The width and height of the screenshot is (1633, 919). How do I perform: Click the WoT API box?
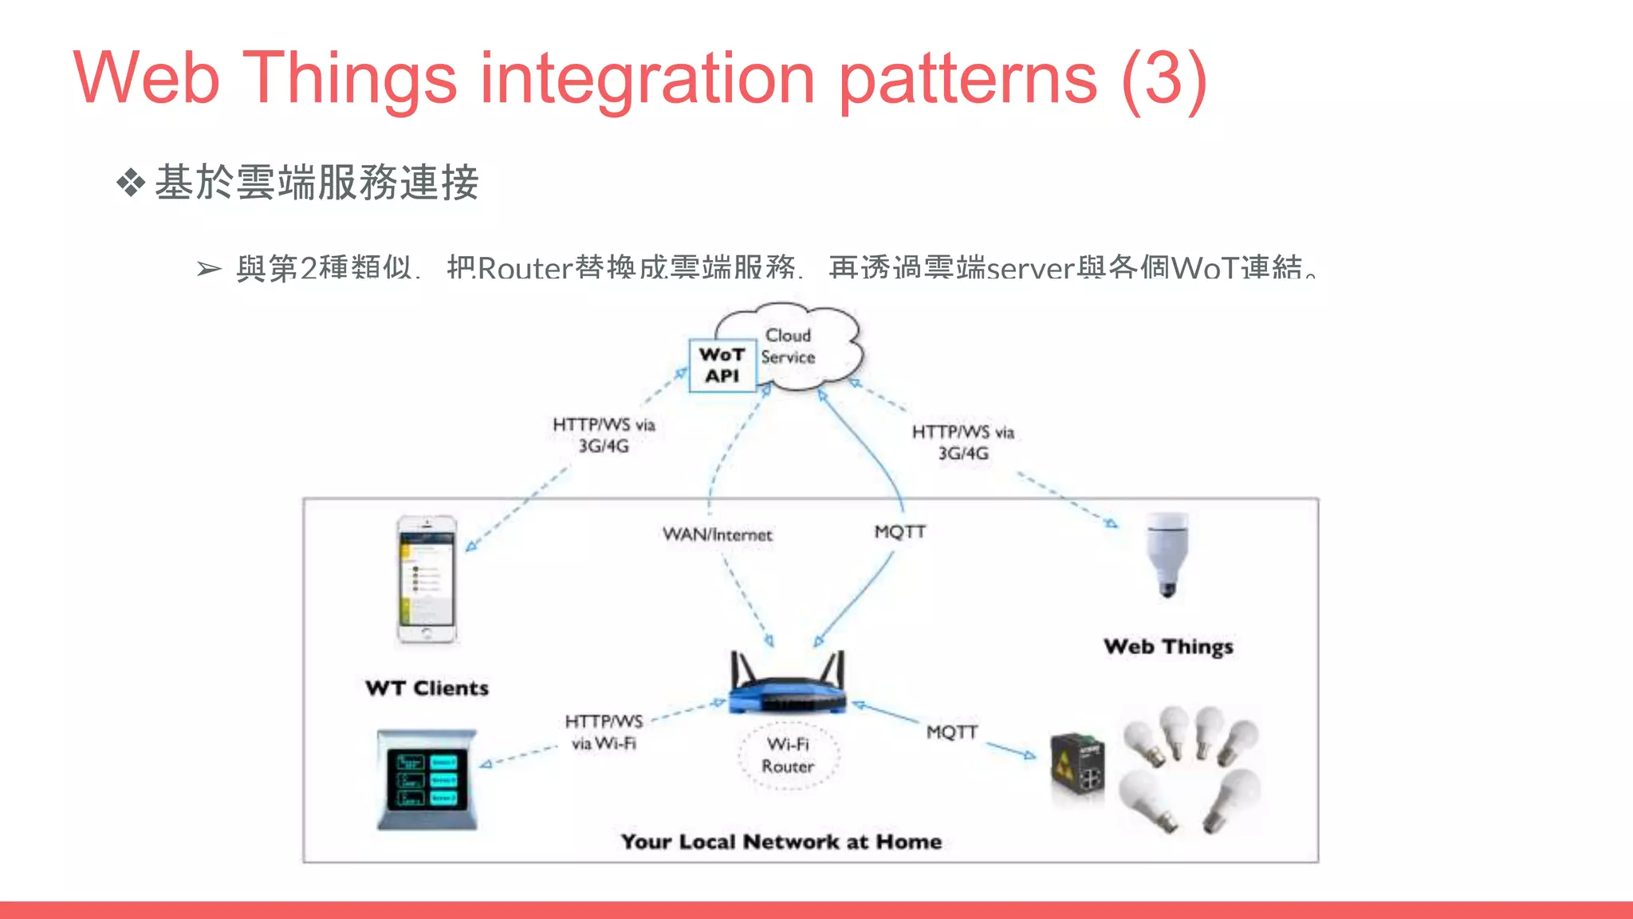pos(722,365)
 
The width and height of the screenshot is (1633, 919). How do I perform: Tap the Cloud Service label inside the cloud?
pos(789,346)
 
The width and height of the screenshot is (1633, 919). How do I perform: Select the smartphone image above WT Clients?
pos(427,579)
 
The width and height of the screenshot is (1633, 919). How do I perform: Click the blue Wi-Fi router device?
pos(788,684)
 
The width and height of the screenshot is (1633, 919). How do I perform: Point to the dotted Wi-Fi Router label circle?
pos(788,755)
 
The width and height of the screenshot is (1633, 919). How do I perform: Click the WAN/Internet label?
pos(718,534)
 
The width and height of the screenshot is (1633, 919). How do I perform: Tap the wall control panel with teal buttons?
pos(427,779)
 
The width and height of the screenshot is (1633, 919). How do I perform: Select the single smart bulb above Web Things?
pos(1167,554)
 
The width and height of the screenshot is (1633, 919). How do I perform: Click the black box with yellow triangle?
pos(1077,769)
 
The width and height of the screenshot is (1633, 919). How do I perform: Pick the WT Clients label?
pos(427,688)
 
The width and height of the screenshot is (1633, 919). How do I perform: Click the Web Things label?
pos(1168,646)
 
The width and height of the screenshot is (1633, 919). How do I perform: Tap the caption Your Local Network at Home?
pos(781,842)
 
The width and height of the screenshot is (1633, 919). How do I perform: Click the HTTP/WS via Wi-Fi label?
pos(604,732)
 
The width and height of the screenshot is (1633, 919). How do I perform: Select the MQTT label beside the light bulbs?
pos(952,732)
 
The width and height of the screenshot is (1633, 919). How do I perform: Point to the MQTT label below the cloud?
pos(900,531)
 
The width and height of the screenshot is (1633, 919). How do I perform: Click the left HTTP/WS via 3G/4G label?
pos(604,435)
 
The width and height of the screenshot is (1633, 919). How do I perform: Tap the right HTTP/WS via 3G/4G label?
pos(963,442)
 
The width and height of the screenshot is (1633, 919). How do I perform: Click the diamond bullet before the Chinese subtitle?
pos(131,183)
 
